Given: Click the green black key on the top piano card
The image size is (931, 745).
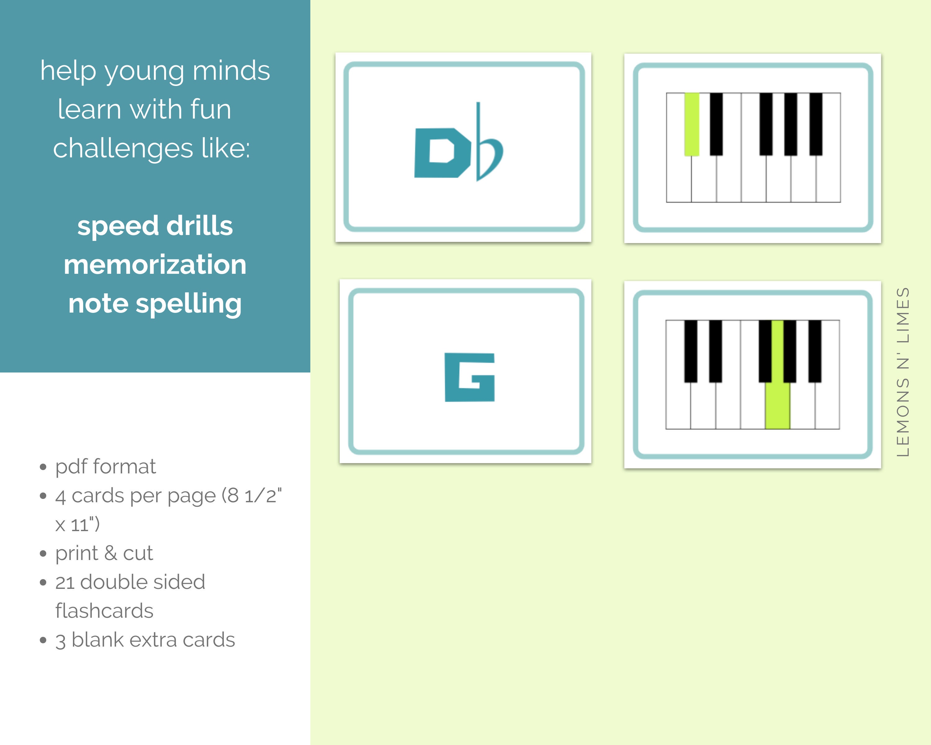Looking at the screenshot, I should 691,124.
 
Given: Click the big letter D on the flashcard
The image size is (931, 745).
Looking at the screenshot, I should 441,153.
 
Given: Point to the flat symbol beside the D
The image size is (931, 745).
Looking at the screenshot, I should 488,147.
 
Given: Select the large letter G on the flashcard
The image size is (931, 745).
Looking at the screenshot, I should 470,377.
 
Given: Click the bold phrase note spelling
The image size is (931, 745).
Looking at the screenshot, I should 155,304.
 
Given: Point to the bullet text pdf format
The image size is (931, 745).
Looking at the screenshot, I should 106,467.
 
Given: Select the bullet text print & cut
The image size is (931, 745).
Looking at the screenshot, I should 104,553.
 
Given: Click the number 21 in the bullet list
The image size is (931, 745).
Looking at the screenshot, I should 65,582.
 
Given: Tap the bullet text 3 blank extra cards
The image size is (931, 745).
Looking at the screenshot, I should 145,640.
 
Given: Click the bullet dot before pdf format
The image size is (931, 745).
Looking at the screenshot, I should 43,467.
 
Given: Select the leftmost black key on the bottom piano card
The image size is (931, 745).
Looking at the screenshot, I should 690,351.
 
